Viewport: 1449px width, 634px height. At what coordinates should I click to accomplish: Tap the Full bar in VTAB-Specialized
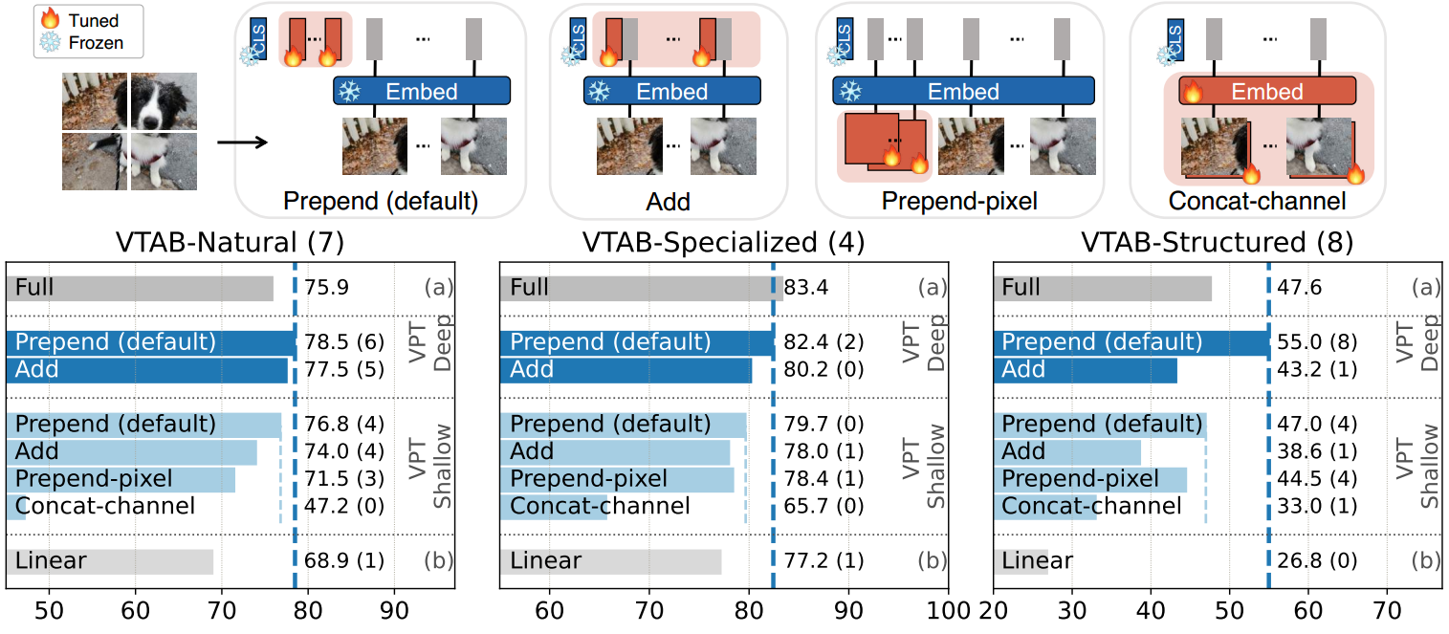[x=641, y=287]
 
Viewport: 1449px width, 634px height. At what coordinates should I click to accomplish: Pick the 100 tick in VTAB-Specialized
[x=947, y=610]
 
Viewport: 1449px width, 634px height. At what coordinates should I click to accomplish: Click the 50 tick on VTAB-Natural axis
[x=49, y=610]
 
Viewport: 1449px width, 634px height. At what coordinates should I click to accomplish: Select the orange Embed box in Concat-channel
[x=1267, y=92]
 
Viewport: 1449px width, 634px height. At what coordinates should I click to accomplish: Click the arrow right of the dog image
[x=239, y=144]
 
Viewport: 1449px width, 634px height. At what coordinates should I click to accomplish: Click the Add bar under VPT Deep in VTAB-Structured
[x=1086, y=369]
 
